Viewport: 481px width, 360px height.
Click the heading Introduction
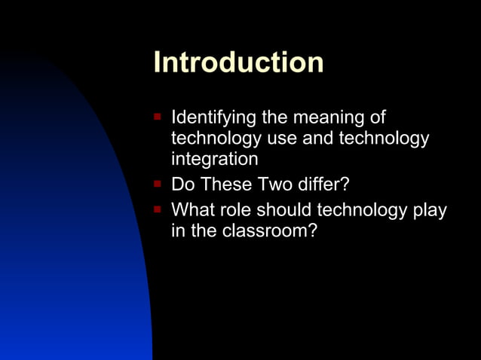[x=238, y=63]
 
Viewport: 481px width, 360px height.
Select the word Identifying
[x=213, y=118]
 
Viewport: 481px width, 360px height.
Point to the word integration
[x=215, y=159]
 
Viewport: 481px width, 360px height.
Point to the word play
[x=430, y=211]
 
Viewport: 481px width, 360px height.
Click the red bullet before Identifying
[x=157, y=117]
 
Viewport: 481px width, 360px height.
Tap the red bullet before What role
[x=157, y=209]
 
